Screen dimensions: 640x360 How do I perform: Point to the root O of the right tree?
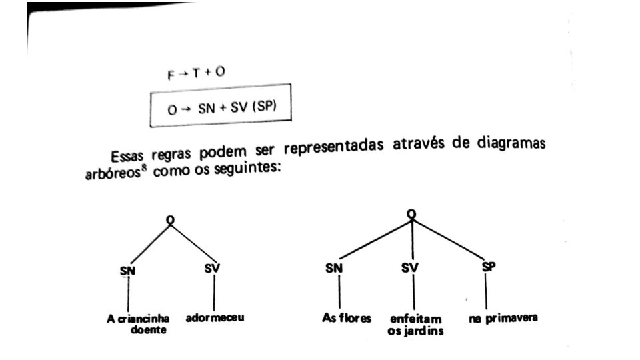click(x=411, y=213)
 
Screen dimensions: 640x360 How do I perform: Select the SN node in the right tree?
click(x=333, y=269)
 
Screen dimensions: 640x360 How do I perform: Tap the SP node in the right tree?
click(x=488, y=267)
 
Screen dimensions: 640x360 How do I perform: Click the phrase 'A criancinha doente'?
click(x=139, y=324)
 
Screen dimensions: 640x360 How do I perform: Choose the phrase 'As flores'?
click(x=346, y=318)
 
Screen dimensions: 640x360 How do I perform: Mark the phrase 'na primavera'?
click(x=503, y=318)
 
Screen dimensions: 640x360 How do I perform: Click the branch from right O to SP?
click(x=450, y=239)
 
